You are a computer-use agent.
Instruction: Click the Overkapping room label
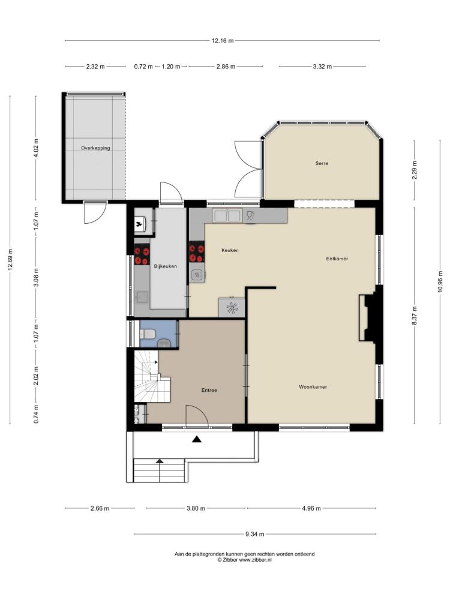(x=95, y=148)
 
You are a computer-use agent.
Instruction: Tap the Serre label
(x=322, y=163)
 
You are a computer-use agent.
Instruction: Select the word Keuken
(x=230, y=250)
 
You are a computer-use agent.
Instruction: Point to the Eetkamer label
(x=337, y=259)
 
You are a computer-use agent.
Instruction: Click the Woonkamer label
(x=313, y=387)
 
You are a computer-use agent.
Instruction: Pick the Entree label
(x=209, y=391)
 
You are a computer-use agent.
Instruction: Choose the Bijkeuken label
(x=166, y=266)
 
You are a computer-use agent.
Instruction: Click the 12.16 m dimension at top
(x=223, y=41)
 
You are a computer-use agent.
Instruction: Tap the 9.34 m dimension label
(x=255, y=534)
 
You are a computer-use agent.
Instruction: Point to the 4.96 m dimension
(x=311, y=508)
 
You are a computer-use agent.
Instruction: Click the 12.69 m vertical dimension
(x=10, y=260)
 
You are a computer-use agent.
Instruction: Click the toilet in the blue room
(x=148, y=334)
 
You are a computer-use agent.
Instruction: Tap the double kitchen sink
(x=227, y=216)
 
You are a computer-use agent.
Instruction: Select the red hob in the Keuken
(x=197, y=253)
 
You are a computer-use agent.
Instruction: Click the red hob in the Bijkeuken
(x=142, y=256)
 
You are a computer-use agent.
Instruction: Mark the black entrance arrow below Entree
(x=197, y=439)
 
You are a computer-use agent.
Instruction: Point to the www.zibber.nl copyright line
(x=245, y=559)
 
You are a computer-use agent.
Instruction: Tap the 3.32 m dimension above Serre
(x=322, y=67)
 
